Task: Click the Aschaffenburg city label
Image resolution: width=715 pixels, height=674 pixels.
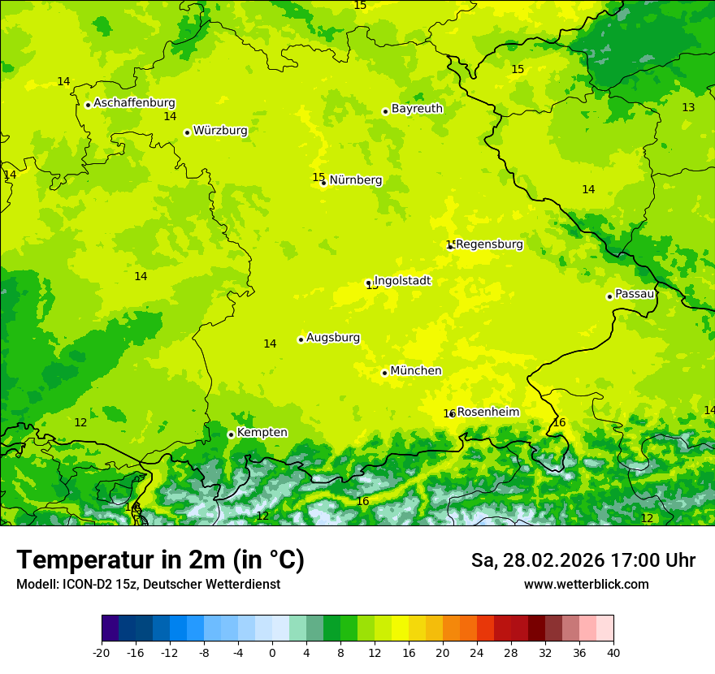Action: pos(134,103)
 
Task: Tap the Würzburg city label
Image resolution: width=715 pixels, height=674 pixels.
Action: pos(220,131)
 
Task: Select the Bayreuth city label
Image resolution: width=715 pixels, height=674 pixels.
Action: pos(417,109)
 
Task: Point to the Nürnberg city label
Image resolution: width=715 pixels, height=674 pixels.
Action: pos(356,180)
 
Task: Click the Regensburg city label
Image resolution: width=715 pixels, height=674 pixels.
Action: pos(489,244)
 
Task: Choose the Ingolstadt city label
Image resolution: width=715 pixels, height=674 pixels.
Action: pos(402,281)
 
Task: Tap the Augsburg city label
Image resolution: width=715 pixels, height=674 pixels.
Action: pos(333,338)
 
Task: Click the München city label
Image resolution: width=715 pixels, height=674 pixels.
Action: pos(416,371)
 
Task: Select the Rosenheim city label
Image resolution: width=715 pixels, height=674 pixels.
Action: pos(487,413)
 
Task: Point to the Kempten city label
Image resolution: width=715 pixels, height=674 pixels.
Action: pos(262,433)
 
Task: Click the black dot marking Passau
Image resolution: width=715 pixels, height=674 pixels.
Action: pos(609,296)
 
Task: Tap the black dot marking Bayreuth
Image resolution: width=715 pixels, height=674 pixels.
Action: pos(385,112)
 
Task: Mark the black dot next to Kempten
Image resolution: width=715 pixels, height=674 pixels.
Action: pos(231,434)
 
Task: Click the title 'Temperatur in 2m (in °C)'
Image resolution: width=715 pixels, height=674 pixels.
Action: pos(160,560)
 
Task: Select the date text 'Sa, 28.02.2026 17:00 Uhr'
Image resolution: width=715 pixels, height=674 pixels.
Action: pos(583,561)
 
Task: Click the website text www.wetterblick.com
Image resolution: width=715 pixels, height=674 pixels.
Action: pos(586,585)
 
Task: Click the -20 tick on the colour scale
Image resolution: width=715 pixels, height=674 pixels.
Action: pos(102,652)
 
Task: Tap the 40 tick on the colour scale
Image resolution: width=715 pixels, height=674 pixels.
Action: pos(613,652)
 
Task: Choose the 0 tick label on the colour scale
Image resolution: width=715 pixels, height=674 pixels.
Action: pos(272,652)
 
